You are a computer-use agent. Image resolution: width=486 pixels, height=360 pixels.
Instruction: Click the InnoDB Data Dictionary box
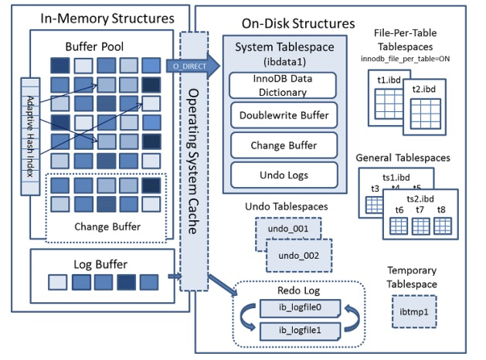coord(284,86)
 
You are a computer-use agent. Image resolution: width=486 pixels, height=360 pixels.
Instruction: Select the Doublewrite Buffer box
coord(284,116)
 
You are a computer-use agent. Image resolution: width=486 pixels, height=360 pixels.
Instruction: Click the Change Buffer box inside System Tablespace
coord(284,144)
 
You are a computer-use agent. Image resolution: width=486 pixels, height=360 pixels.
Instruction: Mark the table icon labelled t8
coord(441,226)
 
